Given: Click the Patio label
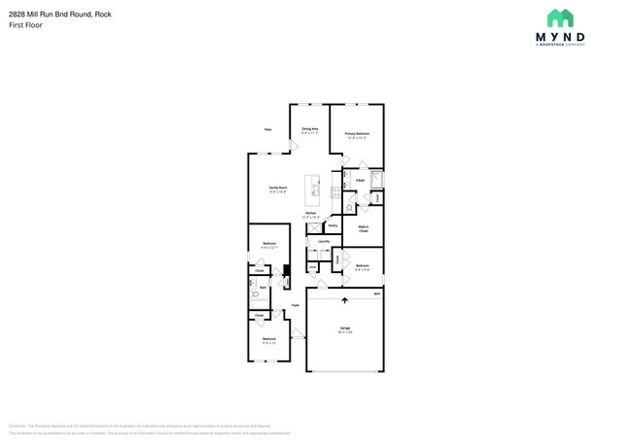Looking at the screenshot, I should [267, 129].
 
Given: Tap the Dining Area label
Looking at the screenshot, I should [310, 130].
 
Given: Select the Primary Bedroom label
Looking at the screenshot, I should [357, 135].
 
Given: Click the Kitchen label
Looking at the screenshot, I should [311, 215].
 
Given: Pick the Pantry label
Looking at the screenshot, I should [333, 225].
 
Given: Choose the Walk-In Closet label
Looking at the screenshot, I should [363, 229].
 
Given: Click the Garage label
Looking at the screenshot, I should [344, 329].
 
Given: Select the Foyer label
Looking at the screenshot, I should [295, 305].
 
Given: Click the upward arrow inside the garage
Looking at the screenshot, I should [343, 300].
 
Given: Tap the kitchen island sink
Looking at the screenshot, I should [314, 189].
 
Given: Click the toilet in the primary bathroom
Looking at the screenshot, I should [349, 208].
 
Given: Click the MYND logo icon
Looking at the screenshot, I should [560, 18].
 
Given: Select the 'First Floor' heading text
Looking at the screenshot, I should [23, 25].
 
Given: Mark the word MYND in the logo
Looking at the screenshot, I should [559, 37].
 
